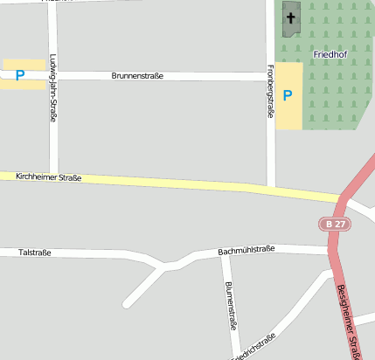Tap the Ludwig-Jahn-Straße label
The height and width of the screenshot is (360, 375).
tap(53, 87)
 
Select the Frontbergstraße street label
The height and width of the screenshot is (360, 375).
tap(271, 91)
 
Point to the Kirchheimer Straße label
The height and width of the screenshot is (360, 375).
tap(49, 177)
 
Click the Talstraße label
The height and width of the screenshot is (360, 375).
tap(35, 253)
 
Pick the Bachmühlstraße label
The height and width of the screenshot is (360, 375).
tap(246, 250)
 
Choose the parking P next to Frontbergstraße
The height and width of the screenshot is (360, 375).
tap(287, 94)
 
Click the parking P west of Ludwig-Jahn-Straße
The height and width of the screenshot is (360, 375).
tap(19, 75)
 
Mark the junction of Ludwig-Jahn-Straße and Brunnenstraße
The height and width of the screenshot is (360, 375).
tap(53, 75)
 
